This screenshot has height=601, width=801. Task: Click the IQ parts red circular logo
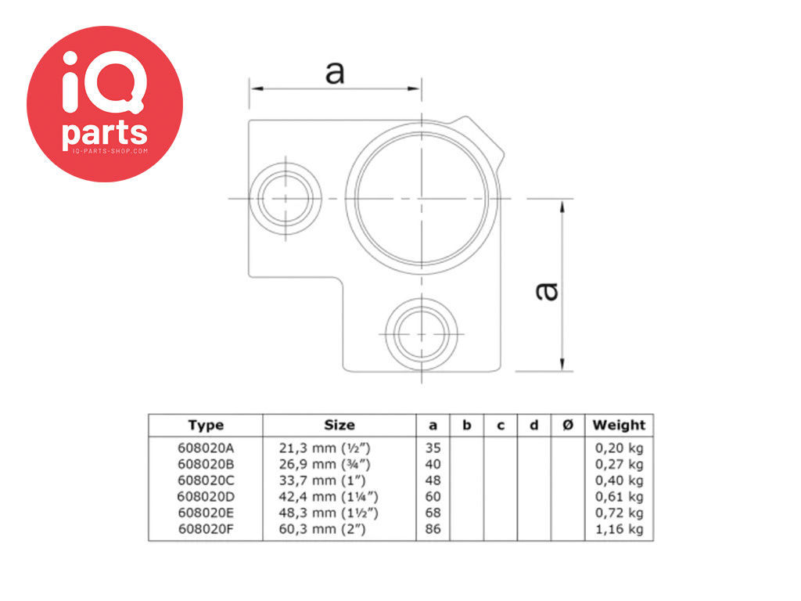[x=105, y=104]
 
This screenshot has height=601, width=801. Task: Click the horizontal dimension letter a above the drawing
[x=334, y=73]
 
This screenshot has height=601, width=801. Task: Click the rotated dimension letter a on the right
[x=548, y=290]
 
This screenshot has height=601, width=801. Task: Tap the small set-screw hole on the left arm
[x=286, y=197]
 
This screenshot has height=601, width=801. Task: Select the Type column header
[x=206, y=425]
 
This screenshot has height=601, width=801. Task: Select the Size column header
[x=339, y=425]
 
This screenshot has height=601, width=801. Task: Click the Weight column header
[x=619, y=425]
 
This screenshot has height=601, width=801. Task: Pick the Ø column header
[x=568, y=425]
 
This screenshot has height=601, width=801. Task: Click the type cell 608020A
[x=206, y=448]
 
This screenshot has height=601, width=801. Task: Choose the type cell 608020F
[x=206, y=529]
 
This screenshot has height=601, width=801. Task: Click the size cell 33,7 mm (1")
[x=325, y=480]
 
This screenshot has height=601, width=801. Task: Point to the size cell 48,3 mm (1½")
[x=329, y=513]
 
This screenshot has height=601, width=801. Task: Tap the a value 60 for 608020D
[x=433, y=497]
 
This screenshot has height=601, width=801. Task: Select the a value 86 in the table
[x=433, y=529]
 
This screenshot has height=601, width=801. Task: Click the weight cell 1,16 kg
[x=619, y=529]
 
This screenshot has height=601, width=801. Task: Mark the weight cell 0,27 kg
[x=619, y=464]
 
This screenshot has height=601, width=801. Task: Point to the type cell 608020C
[x=206, y=480]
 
